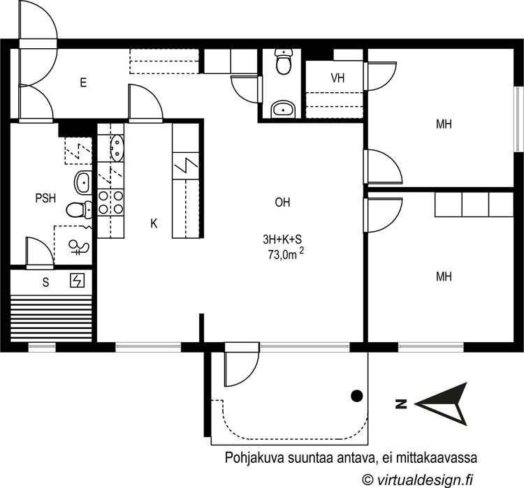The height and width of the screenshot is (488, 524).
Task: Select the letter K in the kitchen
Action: coord(154,223)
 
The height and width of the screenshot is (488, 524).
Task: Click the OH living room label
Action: coord(282,203)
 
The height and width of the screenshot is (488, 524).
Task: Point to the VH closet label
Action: coord(338,78)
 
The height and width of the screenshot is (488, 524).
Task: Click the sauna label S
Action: coord(45,282)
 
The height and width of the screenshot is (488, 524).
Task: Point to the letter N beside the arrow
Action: coord(401,404)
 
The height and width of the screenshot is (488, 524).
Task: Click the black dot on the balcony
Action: coord(357,396)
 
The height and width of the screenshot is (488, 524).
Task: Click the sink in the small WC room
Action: coord(283,109)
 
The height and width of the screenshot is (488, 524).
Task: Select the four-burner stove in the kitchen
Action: coord(110,202)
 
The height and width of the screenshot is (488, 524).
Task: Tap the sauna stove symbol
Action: coord(77,281)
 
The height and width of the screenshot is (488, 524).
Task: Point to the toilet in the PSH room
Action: coord(78,209)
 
